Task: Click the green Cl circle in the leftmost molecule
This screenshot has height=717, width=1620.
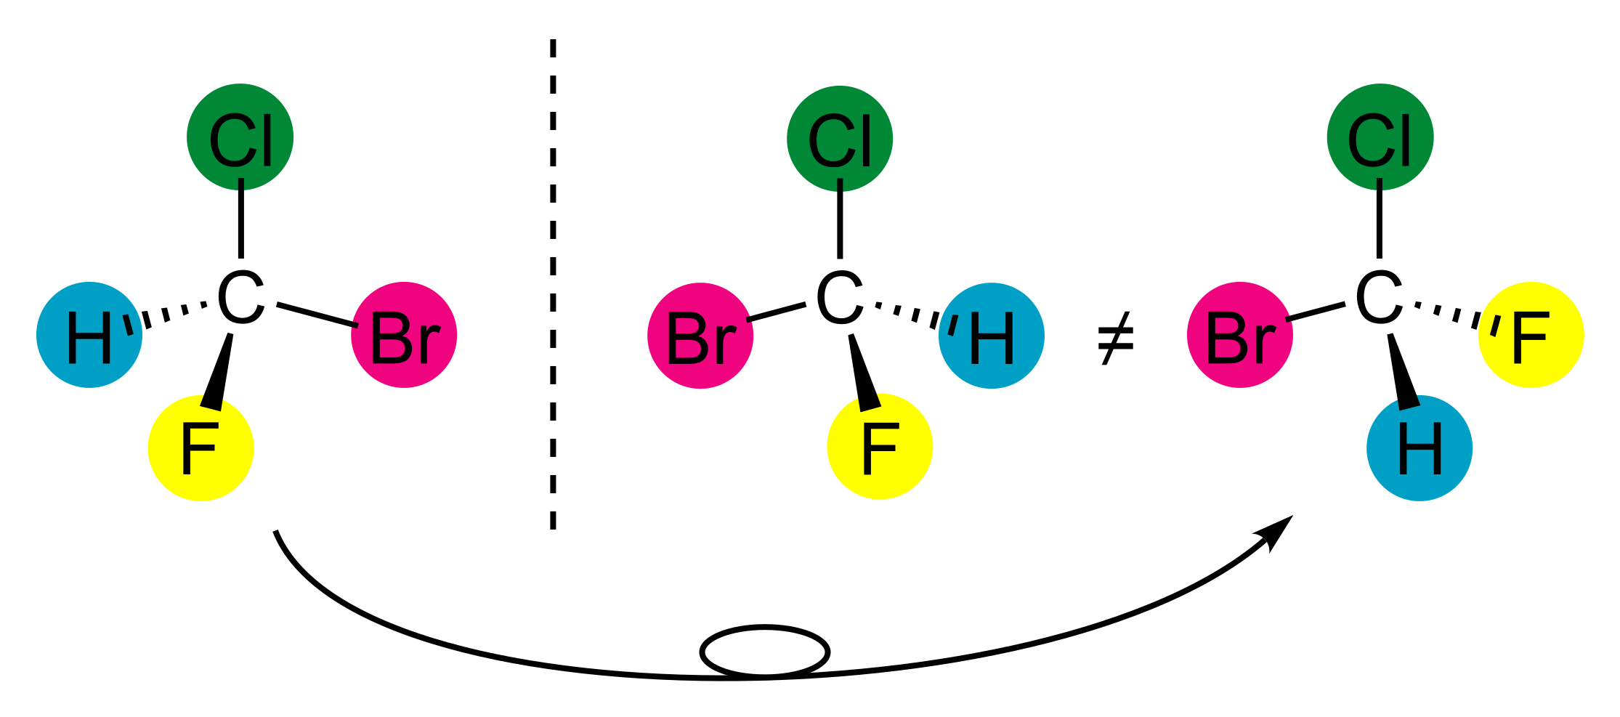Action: click(240, 137)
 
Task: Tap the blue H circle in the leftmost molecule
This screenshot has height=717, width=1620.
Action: click(89, 335)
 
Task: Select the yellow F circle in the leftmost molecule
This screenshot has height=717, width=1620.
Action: click(201, 448)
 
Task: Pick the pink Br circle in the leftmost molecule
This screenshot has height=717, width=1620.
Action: click(404, 335)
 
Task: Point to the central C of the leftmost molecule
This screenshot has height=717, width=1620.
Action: click(240, 299)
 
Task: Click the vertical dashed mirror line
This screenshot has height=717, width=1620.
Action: click(553, 284)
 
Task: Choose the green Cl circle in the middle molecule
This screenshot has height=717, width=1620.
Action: click(840, 139)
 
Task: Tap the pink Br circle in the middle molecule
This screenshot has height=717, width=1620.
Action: click(700, 336)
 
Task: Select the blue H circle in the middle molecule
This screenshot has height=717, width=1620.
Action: click(992, 336)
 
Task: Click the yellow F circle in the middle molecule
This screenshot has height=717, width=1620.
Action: click(880, 446)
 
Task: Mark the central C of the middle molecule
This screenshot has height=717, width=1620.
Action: click(839, 299)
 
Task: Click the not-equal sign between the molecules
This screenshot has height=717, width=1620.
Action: click(1115, 339)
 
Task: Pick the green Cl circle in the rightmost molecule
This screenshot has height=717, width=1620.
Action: click(1380, 137)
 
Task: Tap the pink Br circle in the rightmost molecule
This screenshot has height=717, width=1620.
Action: click(1240, 335)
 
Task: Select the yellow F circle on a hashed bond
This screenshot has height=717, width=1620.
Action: click(1531, 335)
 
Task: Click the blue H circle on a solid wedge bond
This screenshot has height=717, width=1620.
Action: click(1419, 448)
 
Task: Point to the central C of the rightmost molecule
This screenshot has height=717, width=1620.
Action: click(1379, 299)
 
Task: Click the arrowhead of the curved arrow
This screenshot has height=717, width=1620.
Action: click(1275, 532)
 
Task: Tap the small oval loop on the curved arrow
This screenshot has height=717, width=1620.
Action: click(764, 651)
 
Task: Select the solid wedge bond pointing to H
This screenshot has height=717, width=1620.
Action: click(1404, 371)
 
